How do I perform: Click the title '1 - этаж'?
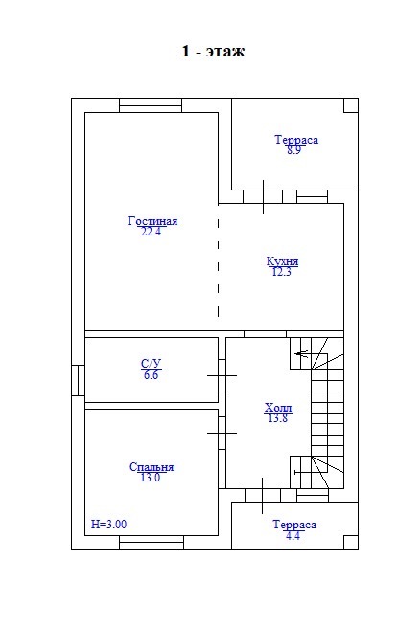click(213, 51)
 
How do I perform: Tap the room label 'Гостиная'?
click(152, 221)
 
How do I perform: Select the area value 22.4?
click(151, 232)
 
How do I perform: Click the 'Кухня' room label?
click(282, 261)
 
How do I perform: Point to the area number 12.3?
click(281, 272)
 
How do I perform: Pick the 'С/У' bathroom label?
click(152, 364)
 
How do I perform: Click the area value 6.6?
click(151, 375)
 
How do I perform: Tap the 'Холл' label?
click(278, 408)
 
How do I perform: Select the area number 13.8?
click(278, 418)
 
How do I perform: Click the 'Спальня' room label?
click(152, 467)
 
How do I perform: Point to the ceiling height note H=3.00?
click(108, 524)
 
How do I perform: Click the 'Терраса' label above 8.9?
click(296, 140)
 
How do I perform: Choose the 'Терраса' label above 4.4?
click(294, 525)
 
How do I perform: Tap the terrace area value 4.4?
click(293, 535)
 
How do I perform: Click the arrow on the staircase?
click(302, 353)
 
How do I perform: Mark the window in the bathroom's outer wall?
click(78, 380)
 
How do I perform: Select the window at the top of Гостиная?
click(151, 105)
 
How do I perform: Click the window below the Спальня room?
click(152, 543)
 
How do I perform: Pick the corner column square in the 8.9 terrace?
click(351, 105)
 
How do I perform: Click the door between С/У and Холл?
click(222, 375)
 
